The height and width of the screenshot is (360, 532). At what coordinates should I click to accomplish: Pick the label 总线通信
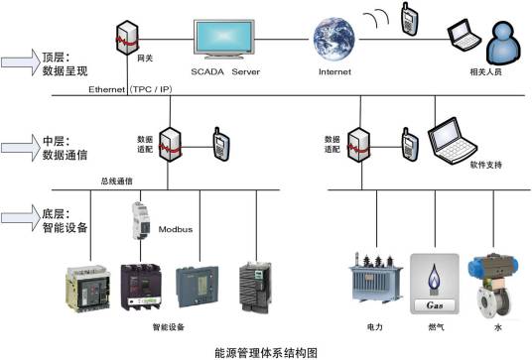(117, 180)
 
